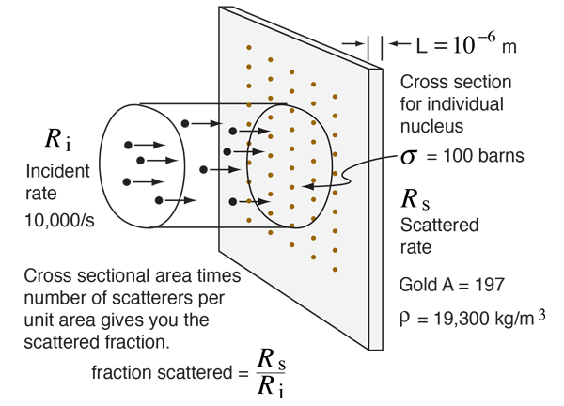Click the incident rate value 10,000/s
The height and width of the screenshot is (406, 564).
click(x=59, y=220)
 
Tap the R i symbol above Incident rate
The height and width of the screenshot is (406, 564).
click(x=58, y=139)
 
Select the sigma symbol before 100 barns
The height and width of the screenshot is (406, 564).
click(x=409, y=157)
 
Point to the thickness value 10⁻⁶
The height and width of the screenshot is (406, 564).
click(x=474, y=43)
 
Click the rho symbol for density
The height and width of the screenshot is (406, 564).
click(x=404, y=318)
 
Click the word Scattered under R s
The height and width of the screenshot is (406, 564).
click(x=440, y=226)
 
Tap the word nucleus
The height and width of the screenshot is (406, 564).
click(x=432, y=126)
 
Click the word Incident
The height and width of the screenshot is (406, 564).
click(x=57, y=171)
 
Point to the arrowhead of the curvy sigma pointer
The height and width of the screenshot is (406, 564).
click(x=302, y=186)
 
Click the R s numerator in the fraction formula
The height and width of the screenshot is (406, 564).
click(x=272, y=360)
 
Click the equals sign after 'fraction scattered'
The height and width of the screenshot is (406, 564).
click(x=243, y=373)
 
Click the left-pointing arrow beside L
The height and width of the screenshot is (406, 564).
click(x=400, y=44)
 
